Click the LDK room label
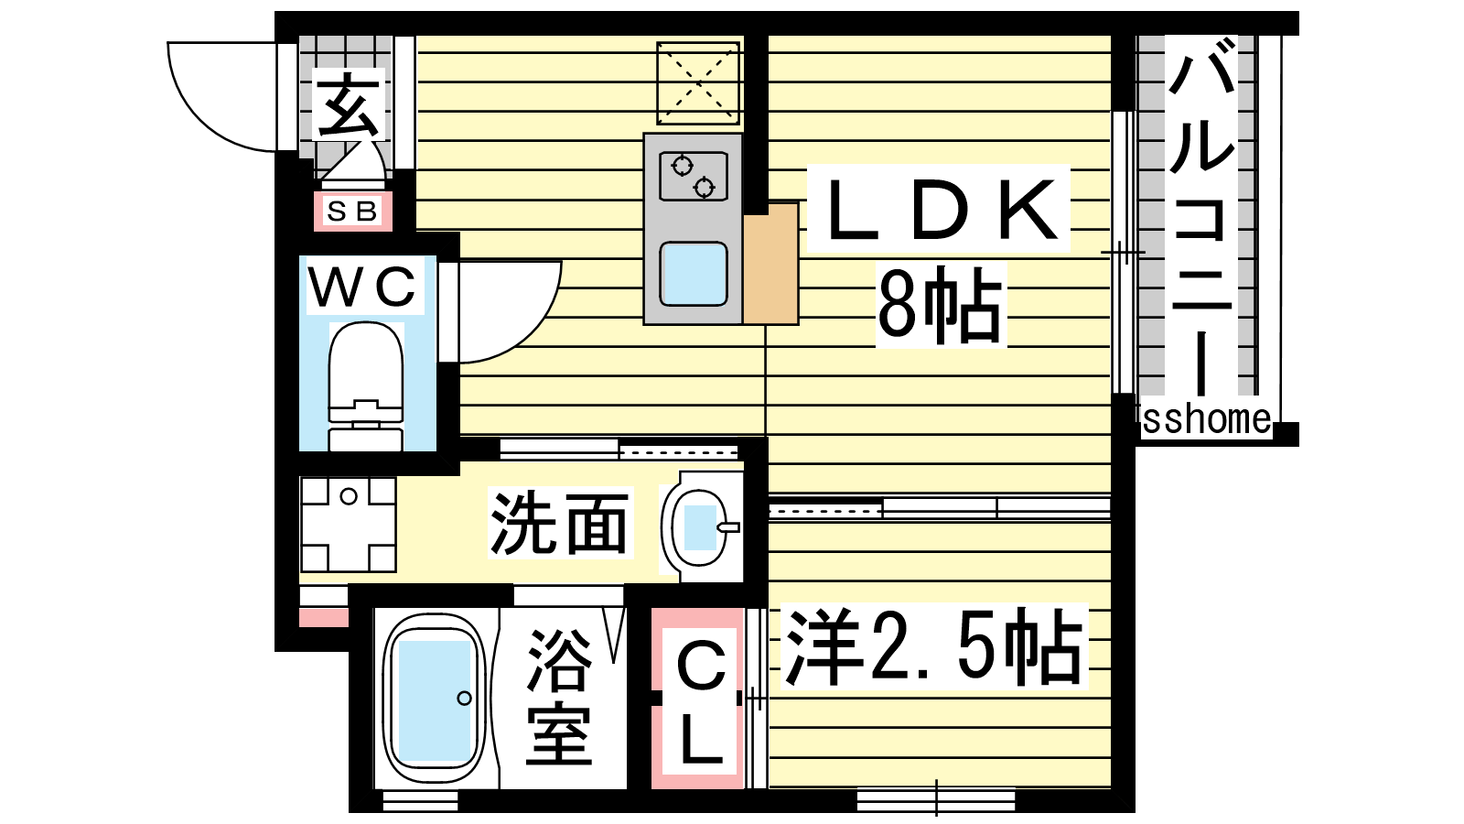pyautogui.click(x=939, y=210)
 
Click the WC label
pyautogui.click(x=363, y=287)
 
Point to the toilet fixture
pyautogui.click(x=365, y=385)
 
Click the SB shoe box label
pyautogui.click(x=352, y=211)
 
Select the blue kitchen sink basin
pyautogui.click(x=693, y=273)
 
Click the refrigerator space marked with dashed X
pyautogui.click(x=698, y=83)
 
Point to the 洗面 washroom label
pyautogui.click(x=559, y=524)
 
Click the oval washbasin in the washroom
pyautogui.click(x=701, y=527)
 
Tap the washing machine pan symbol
pyautogui.click(x=348, y=525)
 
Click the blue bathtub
pyautogui.click(x=434, y=700)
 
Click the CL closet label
pyautogui.click(x=701, y=701)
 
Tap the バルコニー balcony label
pyautogui.click(x=1202, y=220)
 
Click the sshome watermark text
pyautogui.click(x=1206, y=419)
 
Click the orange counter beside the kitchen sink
pyautogui.click(x=770, y=265)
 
